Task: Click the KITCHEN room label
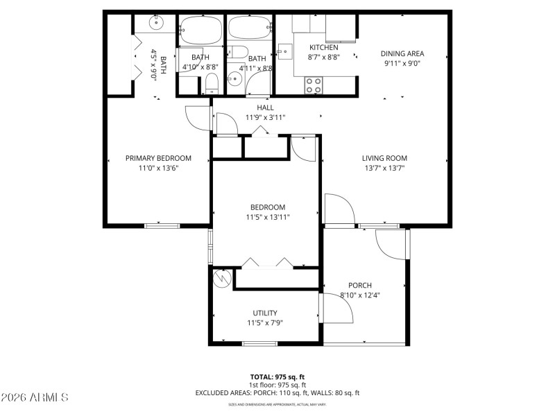[323, 47]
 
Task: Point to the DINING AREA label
[402, 53]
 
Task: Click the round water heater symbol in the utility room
[222, 277]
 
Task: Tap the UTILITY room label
[265, 313]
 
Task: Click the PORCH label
[360, 285]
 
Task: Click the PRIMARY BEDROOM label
[158, 158]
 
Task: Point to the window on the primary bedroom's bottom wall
[162, 225]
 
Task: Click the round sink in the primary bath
[156, 23]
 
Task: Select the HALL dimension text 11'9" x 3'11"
[265, 117]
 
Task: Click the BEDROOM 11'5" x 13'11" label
[268, 207]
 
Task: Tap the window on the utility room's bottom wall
[259, 343]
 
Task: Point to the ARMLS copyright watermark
[35, 397]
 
